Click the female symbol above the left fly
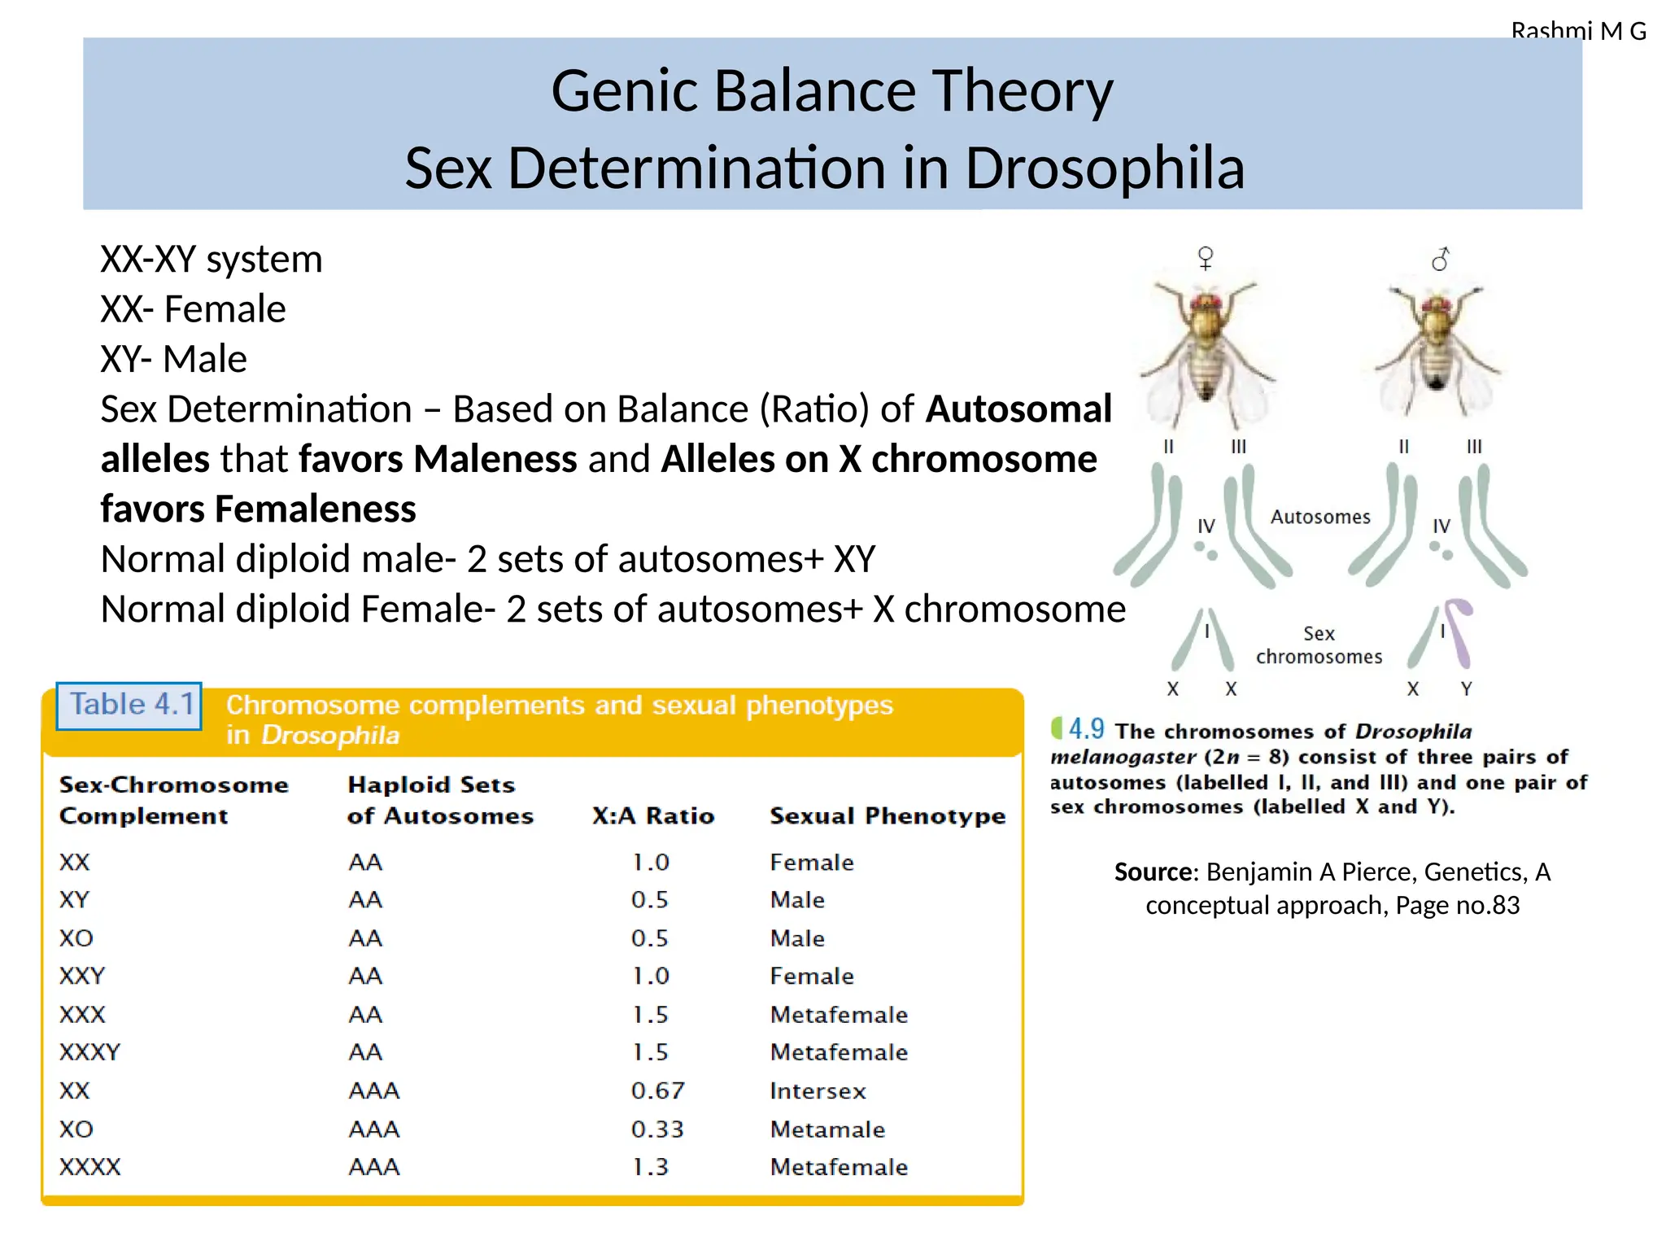coord(1206,258)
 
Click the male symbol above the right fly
coord(1441,259)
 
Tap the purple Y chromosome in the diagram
coord(1462,632)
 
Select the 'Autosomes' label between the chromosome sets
coord(1320,517)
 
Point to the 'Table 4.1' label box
coord(129,705)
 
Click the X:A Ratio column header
coord(653,815)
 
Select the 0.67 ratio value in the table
coord(657,1090)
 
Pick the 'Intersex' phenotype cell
coord(818,1090)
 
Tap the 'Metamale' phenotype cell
coord(827,1130)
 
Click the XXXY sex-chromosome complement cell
coord(89,1052)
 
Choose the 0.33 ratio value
coord(657,1130)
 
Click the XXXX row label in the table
coord(89,1167)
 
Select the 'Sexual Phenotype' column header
coord(888,815)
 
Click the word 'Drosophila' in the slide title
coord(1104,168)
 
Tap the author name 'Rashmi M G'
coord(1578,31)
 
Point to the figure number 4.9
coord(1086,729)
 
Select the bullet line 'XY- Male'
coord(173,359)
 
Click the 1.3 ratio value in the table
coord(650,1167)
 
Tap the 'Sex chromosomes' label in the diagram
coord(1319,645)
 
